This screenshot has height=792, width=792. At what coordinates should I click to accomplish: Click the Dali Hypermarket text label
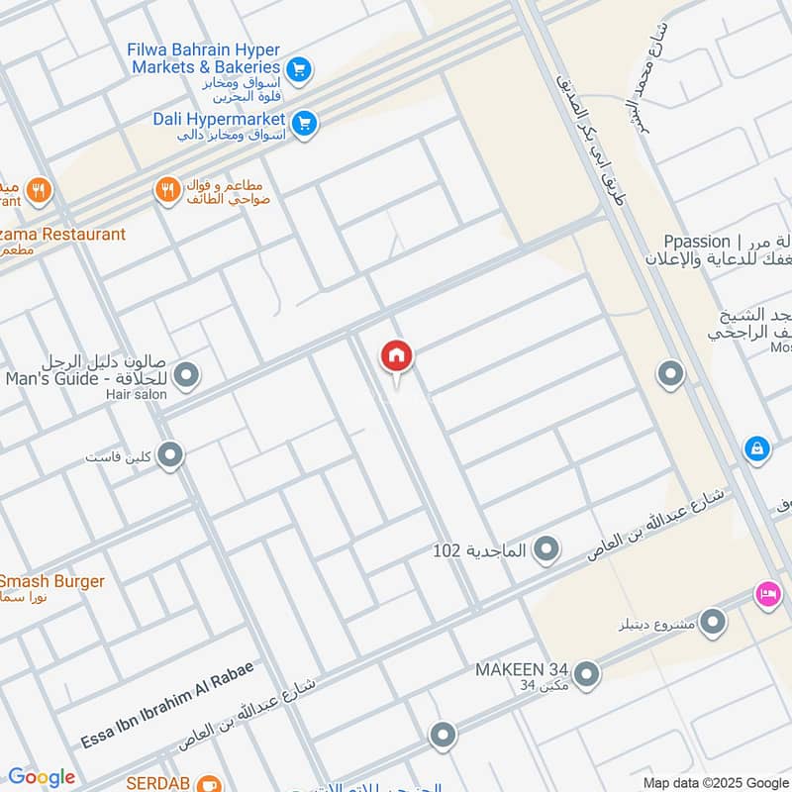point(219,119)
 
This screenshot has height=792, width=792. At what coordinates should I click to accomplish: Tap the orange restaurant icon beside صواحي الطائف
point(167,189)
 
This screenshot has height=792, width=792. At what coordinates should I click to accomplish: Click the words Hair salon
point(136,394)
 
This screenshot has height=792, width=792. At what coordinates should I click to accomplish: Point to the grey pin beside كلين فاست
point(171,455)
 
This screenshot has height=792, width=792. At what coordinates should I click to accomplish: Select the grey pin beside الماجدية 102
point(545,548)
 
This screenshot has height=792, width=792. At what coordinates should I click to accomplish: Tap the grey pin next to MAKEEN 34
point(586,674)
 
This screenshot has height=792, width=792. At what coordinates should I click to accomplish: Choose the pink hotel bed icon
point(767,594)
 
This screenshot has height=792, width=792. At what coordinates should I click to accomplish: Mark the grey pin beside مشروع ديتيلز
point(712,622)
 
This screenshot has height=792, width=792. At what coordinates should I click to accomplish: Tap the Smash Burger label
point(51,581)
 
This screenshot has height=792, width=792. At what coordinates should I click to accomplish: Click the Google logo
point(41,777)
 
